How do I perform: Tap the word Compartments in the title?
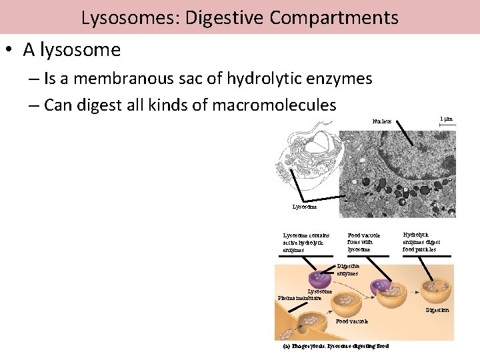coord(334,17)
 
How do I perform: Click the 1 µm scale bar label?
coord(446,119)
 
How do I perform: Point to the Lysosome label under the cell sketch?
coord(305,207)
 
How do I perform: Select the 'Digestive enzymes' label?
coord(348,269)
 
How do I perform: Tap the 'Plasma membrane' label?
coord(299,298)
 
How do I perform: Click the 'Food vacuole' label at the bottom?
coord(351,322)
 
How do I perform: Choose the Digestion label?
coord(437,311)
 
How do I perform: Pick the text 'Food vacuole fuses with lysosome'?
coord(364,242)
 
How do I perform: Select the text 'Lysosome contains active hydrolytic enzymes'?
coord(307,243)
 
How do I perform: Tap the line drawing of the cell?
coord(309,163)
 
